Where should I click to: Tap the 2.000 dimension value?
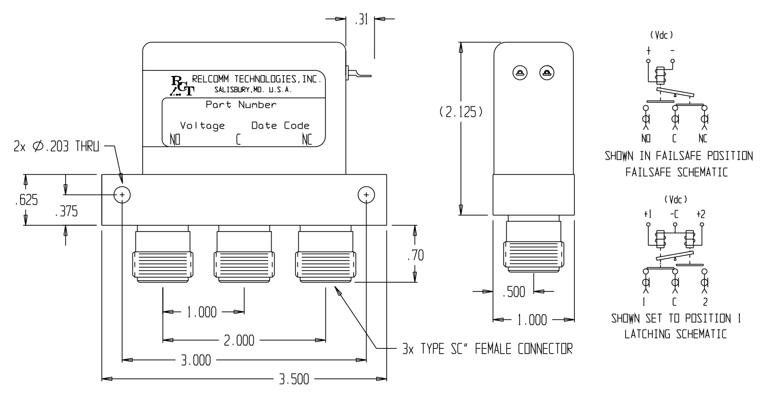239,340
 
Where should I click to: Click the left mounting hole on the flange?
122,195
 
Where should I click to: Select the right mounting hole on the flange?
366,195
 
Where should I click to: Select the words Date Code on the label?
280,126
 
